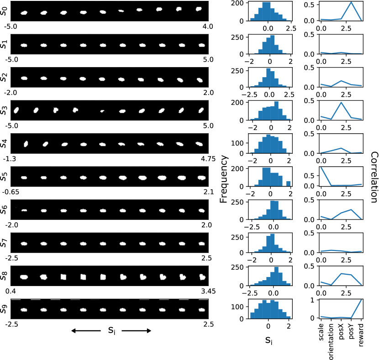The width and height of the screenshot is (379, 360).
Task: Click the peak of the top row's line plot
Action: [x=351, y=3]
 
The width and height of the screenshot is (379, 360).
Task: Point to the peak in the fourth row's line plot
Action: [x=341, y=103]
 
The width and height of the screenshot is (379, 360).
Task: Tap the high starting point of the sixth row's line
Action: [x=321, y=167]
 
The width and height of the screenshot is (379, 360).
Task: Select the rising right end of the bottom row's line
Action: [x=362, y=300]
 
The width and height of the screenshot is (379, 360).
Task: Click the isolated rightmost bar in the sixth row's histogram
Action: [x=288, y=183]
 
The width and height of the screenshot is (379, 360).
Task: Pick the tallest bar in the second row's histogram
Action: [x=272, y=45]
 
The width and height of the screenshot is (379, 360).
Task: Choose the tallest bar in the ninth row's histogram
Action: [x=276, y=276]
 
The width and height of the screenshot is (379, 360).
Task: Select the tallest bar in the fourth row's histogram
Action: [x=276, y=110]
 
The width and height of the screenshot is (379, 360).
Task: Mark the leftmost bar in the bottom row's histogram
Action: [x=252, y=315]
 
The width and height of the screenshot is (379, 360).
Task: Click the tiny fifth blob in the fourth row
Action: [x=102, y=111]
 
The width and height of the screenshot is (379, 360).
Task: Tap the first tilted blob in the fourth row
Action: [x=16, y=110]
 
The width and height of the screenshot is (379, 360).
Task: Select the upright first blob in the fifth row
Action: [x=26, y=144]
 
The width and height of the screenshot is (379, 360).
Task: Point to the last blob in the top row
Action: [x=199, y=9]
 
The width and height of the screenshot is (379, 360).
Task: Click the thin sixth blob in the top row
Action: [x=121, y=11]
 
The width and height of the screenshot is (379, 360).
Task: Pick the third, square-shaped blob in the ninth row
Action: [x=63, y=277]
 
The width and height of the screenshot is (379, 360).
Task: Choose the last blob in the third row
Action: [x=200, y=80]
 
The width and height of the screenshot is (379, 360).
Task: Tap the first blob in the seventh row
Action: [x=24, y=210]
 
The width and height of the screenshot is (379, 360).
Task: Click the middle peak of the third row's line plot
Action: [x=341, y=81]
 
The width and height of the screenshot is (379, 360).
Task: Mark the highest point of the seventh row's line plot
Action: [x=351, y=210]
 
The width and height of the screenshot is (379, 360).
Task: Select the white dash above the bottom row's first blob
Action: [x=16, y=299]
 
